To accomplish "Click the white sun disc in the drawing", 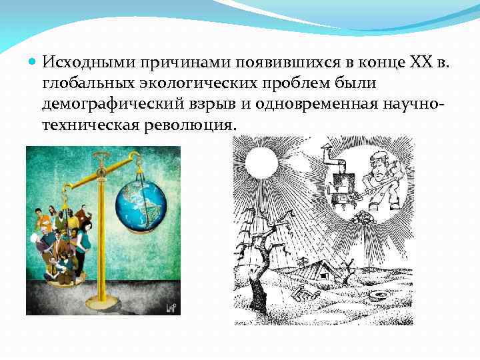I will pos(260,161).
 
